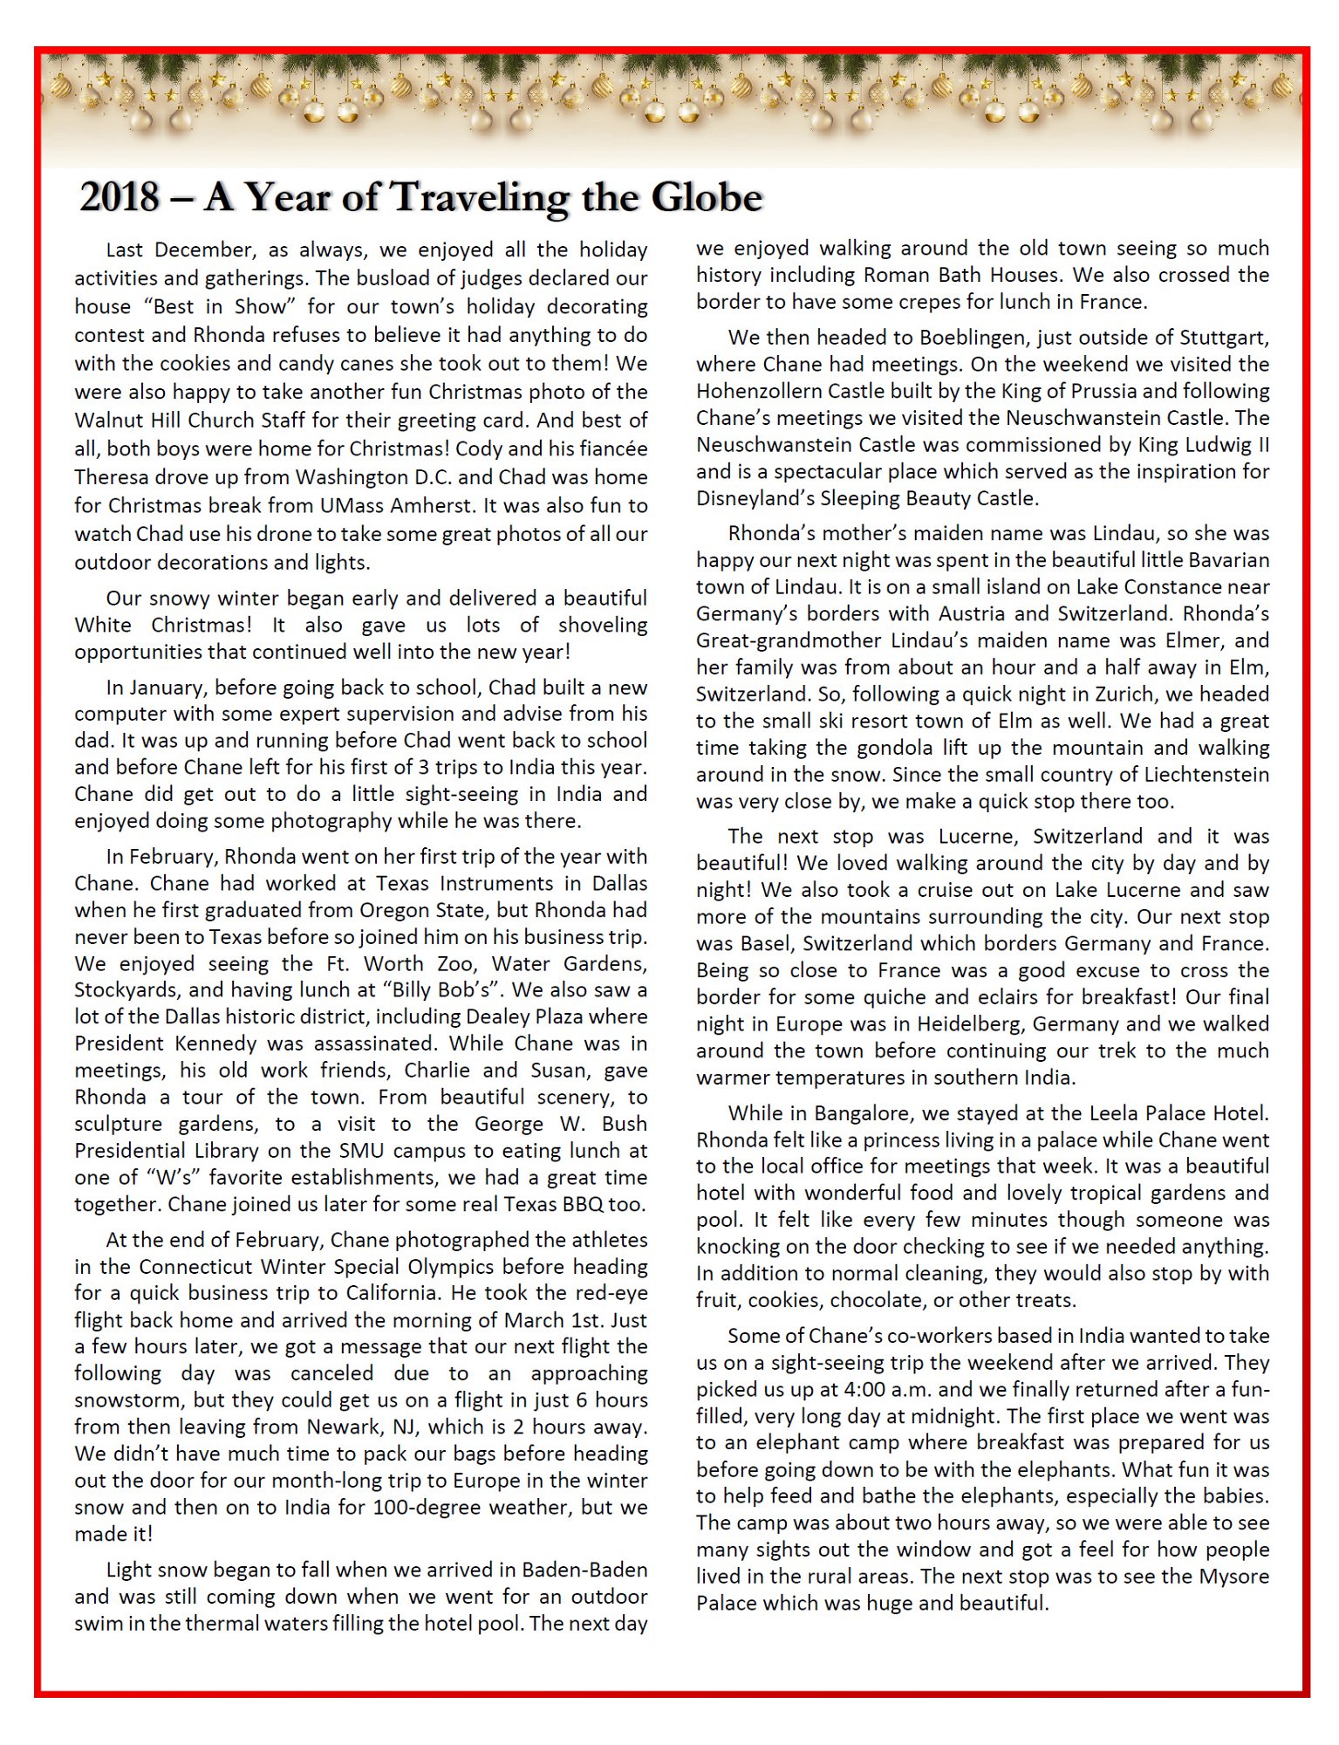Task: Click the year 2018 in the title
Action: [120, 197]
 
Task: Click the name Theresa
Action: [111, 477]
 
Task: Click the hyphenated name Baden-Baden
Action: [584, 1570]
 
